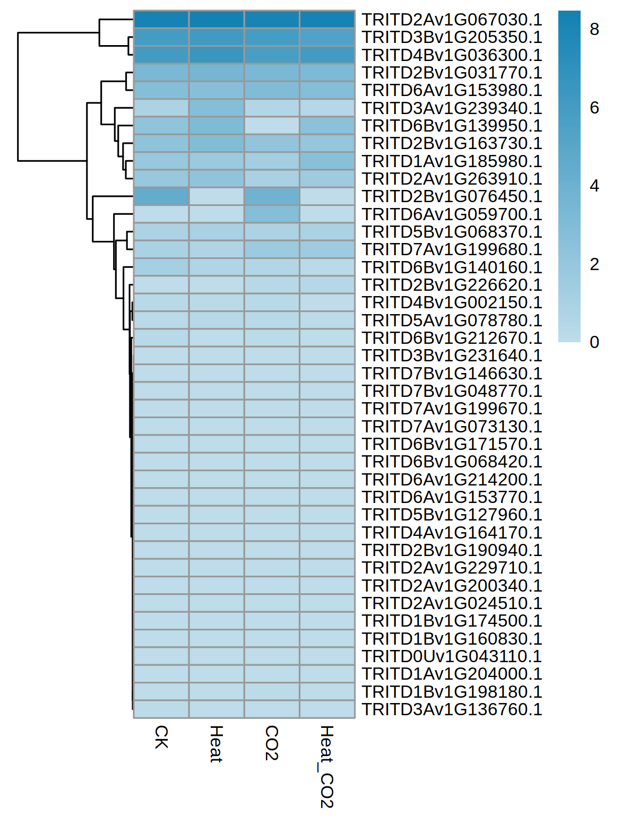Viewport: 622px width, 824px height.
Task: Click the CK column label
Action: click(x=161, y=737)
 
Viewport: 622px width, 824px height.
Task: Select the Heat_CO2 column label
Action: click(x=327, y=766)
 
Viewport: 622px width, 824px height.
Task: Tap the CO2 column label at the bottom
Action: click(x=272, y=743)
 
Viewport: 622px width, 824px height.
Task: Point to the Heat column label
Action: click(x=217, y=744)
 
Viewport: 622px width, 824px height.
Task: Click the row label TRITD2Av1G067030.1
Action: click(x=452, y=20)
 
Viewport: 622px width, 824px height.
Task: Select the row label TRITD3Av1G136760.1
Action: click(x=452, y=709)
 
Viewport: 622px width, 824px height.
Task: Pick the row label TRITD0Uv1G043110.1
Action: click(x=452, y=656)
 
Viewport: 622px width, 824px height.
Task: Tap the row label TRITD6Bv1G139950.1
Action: click(x=452, y=126)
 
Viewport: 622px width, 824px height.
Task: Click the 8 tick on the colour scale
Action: click(x=594, y=30)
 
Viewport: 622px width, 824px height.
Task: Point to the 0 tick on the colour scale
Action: click(x=594, y=342)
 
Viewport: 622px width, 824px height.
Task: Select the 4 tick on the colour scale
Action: click(x=594, y=186)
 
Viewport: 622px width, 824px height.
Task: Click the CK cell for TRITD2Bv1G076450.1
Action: click(x=161, y=196)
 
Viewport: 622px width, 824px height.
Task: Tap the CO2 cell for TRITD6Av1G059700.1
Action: click(x=272, y=214)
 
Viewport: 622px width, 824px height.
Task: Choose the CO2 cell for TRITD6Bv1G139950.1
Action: click(x=272, y=126)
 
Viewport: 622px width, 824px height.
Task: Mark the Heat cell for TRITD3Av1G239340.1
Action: click(x=217, y=108)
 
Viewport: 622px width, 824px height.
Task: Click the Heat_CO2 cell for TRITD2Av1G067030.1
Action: click(x=327, y=20)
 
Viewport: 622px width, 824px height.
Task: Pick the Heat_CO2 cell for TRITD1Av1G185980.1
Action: click(x=327, y=161)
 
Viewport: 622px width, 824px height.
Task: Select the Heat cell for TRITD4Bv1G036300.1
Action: click(x=217, y=55)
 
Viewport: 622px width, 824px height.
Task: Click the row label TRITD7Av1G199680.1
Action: click(x=452, y=249)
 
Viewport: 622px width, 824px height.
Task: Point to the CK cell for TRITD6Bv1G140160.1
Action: click(x=161, y=267)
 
